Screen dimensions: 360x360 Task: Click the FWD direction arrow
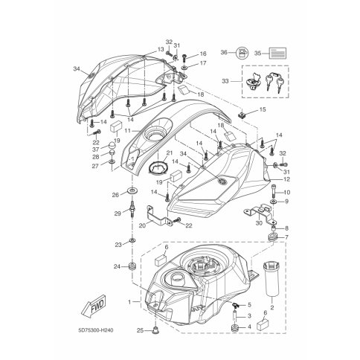(94, 307)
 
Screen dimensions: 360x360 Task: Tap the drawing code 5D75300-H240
(96, 330)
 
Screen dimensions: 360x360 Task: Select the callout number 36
(224, 53)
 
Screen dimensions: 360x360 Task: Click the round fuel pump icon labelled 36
(241, 53)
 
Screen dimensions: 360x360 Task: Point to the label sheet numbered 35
(278, 53)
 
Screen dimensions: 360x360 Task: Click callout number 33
(225, 81)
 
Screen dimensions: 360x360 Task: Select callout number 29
(118, 213)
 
